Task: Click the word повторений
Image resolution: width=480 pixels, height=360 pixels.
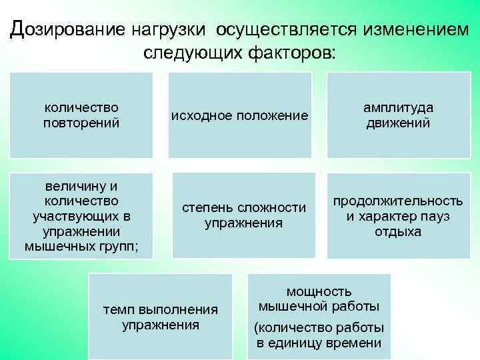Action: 81,123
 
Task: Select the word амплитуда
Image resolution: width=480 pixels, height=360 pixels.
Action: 398,108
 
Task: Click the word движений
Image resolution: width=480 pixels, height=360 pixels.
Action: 398,123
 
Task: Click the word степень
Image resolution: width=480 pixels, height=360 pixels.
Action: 205,208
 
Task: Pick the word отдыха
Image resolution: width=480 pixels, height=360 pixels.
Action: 398,232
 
